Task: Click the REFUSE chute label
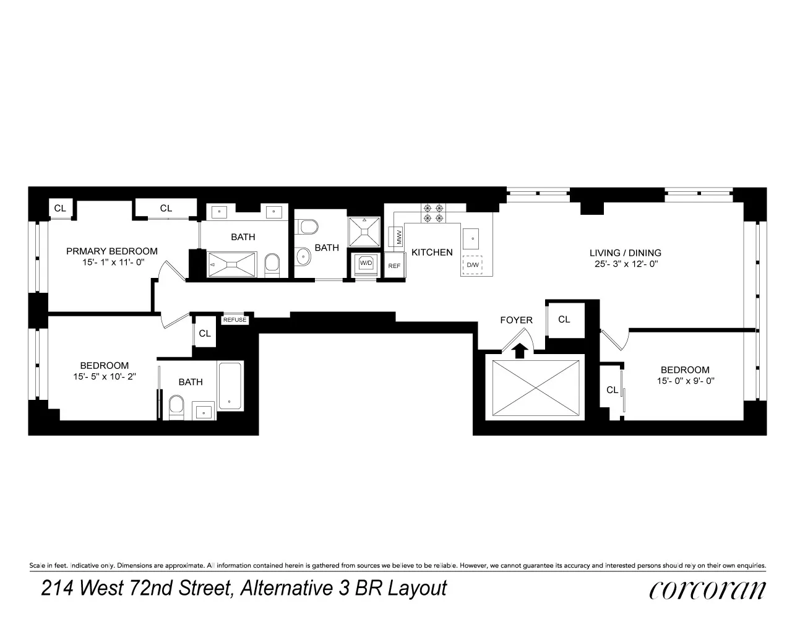click(234, 320)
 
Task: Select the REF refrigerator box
click(394, 266)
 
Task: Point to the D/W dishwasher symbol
click(473, 265)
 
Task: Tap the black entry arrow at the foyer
click(521, 350)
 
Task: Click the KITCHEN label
click(432, 252)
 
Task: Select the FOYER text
click(516, 320)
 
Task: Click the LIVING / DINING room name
click(625, 253)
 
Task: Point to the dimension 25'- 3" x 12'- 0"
click(625, 264)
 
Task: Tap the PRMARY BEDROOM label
click(112, 251)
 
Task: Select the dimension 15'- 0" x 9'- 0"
click(686, 381)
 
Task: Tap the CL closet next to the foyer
click(564, 319)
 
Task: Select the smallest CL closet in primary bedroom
click(60, 208)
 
